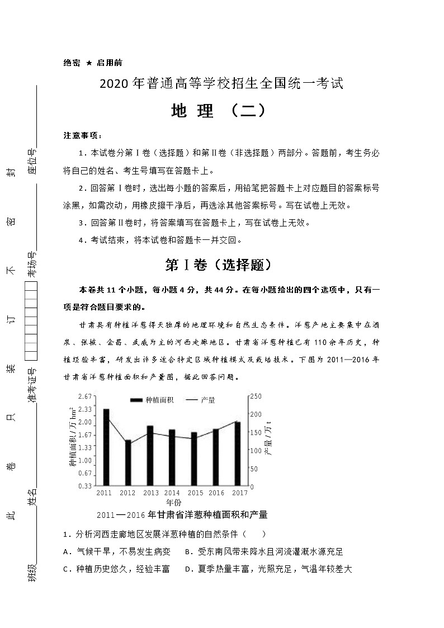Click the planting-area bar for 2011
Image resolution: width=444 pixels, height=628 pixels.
point(106,447)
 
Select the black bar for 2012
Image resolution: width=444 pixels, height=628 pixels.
point(128,462)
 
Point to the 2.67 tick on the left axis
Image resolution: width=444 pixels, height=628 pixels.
point(85,396)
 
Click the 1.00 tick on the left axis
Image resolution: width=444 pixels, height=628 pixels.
point(85,460)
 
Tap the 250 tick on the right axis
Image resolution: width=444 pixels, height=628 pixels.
point(255,396)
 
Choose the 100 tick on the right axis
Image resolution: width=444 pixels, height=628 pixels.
point(255,450)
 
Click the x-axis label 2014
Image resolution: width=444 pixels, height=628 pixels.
point(172,493)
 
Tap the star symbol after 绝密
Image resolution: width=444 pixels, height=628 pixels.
point(89,64)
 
